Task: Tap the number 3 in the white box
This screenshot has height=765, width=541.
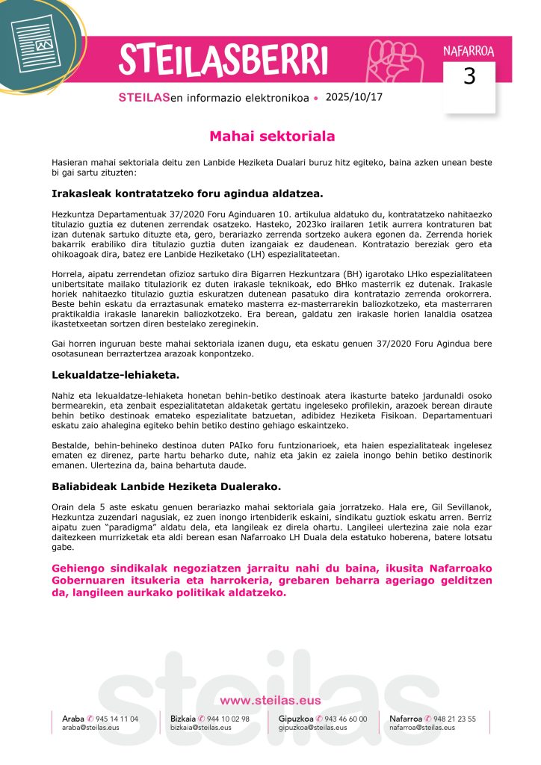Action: coord(469,77)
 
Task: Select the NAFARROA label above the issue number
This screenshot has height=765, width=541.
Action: coord(469,52)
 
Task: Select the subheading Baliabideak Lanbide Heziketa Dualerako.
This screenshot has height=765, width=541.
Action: coord(166,486)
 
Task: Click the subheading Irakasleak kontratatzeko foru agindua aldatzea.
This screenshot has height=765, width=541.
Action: coord(187,194)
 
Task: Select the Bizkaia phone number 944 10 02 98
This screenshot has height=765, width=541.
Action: coord(228,719)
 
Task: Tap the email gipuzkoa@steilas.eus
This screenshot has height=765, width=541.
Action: coord(307,727)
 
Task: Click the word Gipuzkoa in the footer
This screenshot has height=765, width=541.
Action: coord(291,719)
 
